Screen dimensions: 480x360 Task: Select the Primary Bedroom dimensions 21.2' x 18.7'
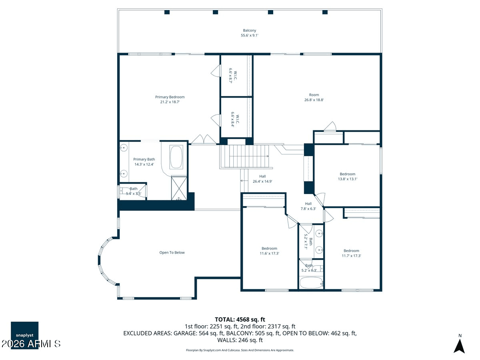pos(170,102)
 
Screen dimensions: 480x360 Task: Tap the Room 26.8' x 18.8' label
pos(314,97)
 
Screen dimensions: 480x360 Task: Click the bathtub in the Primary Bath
pos(176,157)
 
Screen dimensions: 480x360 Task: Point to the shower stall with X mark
pos(179,188)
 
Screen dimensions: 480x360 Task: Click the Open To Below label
pos(172,252)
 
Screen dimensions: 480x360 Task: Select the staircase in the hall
pos(246,157)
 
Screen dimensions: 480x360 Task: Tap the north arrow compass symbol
pos(459,346)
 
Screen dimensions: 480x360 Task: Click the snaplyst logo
pos(24,335)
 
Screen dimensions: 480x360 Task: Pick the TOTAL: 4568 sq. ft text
pos(240,320)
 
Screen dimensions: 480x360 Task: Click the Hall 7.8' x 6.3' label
pos(308,206)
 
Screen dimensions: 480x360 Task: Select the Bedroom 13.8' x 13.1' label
pos(348,176)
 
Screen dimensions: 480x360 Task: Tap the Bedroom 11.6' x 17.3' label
pos(269,251)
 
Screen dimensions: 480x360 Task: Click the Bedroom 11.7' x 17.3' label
pos(351,253)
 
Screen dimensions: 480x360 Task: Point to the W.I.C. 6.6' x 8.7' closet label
pos(233,76)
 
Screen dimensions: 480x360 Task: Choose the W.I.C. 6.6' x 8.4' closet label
pos(235,119)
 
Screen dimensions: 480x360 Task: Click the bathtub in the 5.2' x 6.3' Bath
pos(311,283)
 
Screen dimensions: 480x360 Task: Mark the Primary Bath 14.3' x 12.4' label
pos(144,162)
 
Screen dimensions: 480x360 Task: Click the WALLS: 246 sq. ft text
pos(240,340)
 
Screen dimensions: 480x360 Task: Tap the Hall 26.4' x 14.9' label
pos(262,179)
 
